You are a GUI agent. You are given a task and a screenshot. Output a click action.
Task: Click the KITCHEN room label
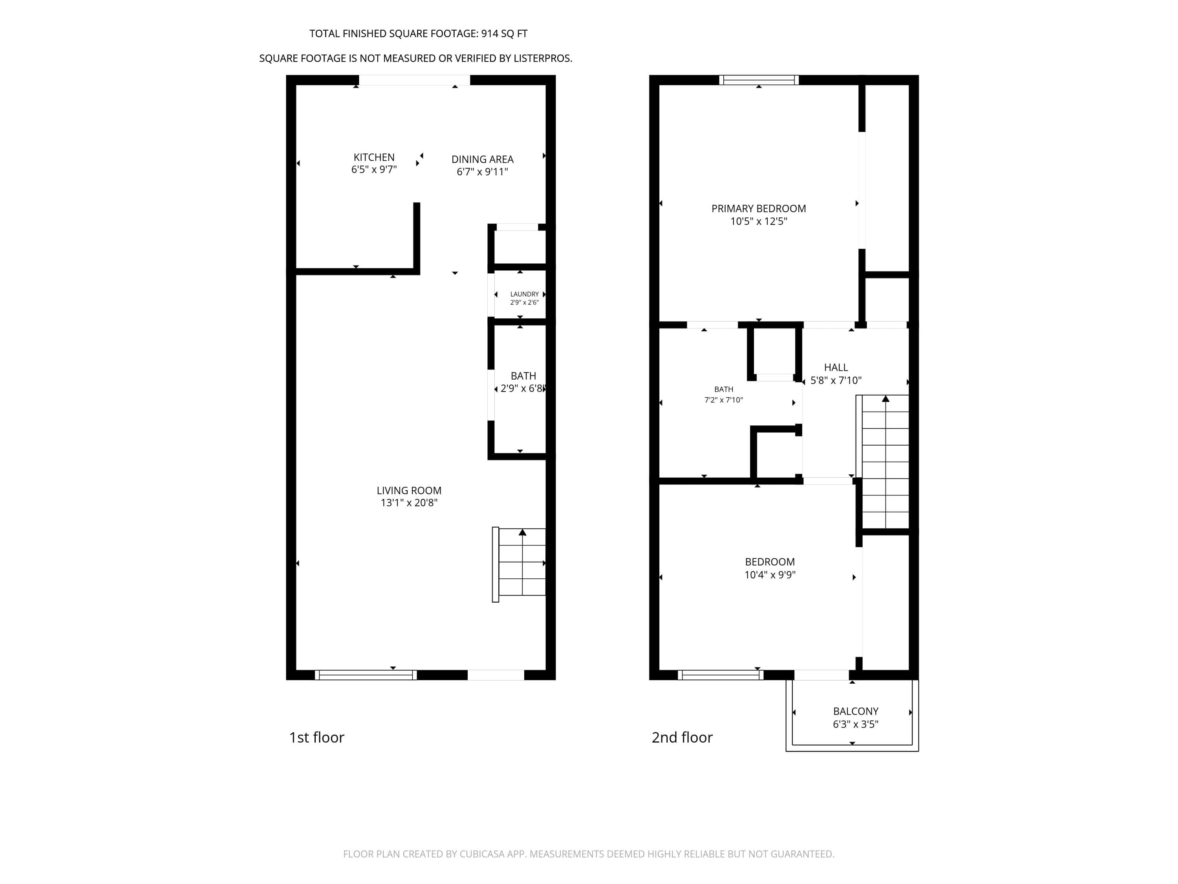click(374, 157)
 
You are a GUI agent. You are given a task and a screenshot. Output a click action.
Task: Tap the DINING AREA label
click(483, 160)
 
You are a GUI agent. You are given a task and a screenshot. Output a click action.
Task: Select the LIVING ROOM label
click(409, 490)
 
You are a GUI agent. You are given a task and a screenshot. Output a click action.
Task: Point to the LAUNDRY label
click(525, 294)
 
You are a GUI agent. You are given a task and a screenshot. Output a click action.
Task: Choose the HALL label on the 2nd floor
click(836, 367)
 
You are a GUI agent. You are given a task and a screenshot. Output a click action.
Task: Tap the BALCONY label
click(856, 711)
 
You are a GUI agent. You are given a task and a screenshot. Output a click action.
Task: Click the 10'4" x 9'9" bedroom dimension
click(770, 574)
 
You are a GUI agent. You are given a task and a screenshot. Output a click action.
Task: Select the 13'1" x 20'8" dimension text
click(409, 503)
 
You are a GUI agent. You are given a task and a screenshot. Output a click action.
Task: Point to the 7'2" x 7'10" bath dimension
click(723, 400)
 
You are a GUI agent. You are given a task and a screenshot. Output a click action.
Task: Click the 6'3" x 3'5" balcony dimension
click(855, 724)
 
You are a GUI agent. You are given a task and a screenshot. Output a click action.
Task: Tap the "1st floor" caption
click(316, 737)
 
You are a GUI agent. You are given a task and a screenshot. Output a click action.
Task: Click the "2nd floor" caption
click(682, 737)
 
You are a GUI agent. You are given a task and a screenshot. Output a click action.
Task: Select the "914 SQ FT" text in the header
click(504, 33)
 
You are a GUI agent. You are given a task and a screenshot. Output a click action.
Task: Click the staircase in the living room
click(519, 564)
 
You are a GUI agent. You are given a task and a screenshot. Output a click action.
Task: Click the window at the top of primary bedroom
click(759, 80)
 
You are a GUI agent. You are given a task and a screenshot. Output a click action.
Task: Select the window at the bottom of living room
click(366, 675)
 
